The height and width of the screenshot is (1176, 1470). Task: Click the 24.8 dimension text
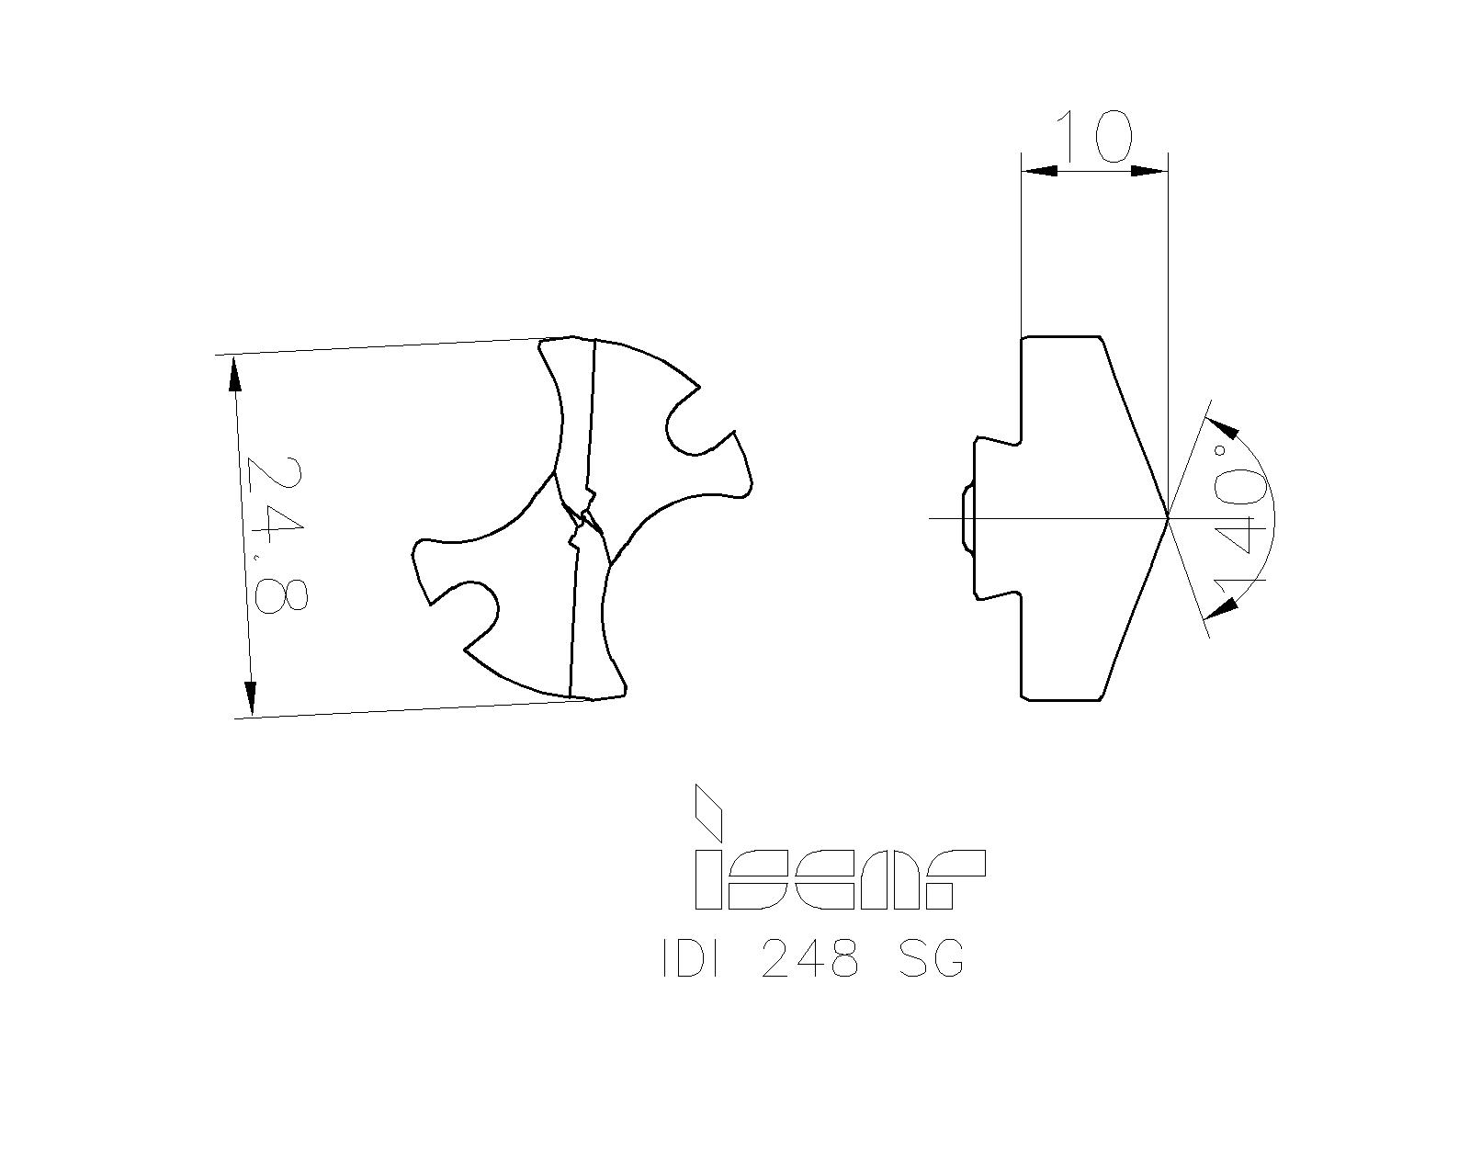click(275, 535)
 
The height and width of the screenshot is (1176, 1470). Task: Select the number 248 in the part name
click(810, 961)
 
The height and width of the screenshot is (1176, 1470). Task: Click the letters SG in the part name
click(930, 961)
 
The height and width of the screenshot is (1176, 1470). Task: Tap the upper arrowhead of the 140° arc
click(1224, 427)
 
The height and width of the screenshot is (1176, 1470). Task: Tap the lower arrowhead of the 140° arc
click(1220, 607)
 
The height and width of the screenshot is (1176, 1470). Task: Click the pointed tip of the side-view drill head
click(1167, 519)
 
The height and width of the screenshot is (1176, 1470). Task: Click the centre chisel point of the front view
click(582, 520)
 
